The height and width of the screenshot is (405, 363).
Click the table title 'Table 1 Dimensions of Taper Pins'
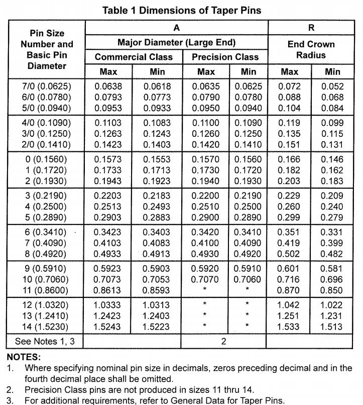[181, 9]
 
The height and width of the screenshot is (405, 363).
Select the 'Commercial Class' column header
[134, 57]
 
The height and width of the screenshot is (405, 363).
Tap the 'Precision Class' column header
[225, 57]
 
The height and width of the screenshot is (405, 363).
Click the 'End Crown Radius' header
[311, 50]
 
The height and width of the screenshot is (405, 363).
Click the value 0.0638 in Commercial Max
[108, 86]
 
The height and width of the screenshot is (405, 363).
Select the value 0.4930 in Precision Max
[206, 254]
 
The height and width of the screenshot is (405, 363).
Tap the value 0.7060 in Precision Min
[249, 279]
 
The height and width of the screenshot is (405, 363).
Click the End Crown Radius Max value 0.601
[290, 268]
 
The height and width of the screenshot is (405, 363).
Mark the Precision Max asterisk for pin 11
[206, 290]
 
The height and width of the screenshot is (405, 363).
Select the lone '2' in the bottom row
[224, 341]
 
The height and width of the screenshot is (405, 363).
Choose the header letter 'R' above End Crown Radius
[311, 28]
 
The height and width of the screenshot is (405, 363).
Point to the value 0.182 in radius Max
[290, 170]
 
